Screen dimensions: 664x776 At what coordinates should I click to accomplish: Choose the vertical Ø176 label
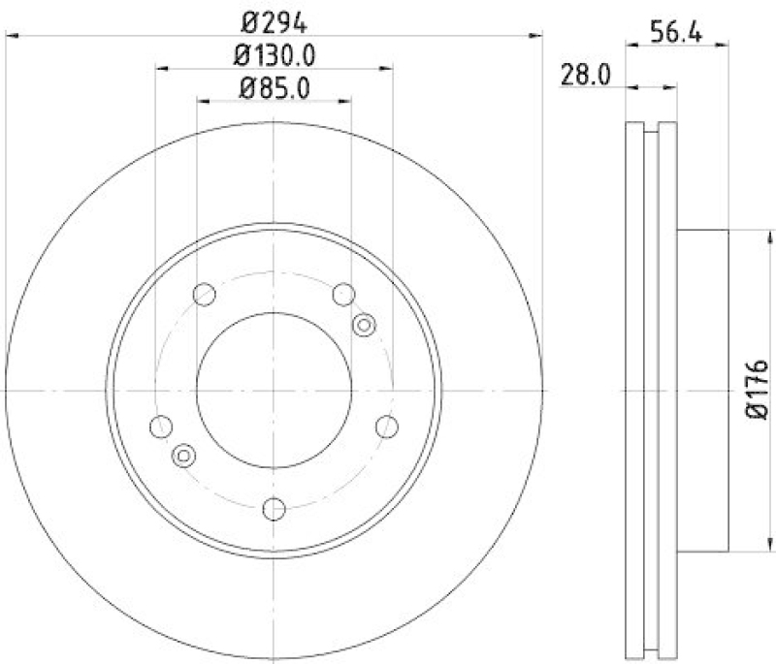(757, 390)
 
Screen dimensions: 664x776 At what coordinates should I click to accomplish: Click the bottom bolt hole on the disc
(275, 507)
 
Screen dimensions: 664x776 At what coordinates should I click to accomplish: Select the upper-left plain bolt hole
(205, 294)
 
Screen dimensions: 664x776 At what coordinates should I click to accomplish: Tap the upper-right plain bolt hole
(343, 294)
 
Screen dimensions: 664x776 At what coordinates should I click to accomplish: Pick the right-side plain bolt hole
(387, 425)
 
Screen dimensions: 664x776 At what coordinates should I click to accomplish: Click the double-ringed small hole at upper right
(364, 325)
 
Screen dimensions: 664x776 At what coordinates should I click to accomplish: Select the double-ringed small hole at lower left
(182, 455)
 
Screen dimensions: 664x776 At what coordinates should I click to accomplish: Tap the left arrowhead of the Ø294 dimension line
(12, 35)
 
